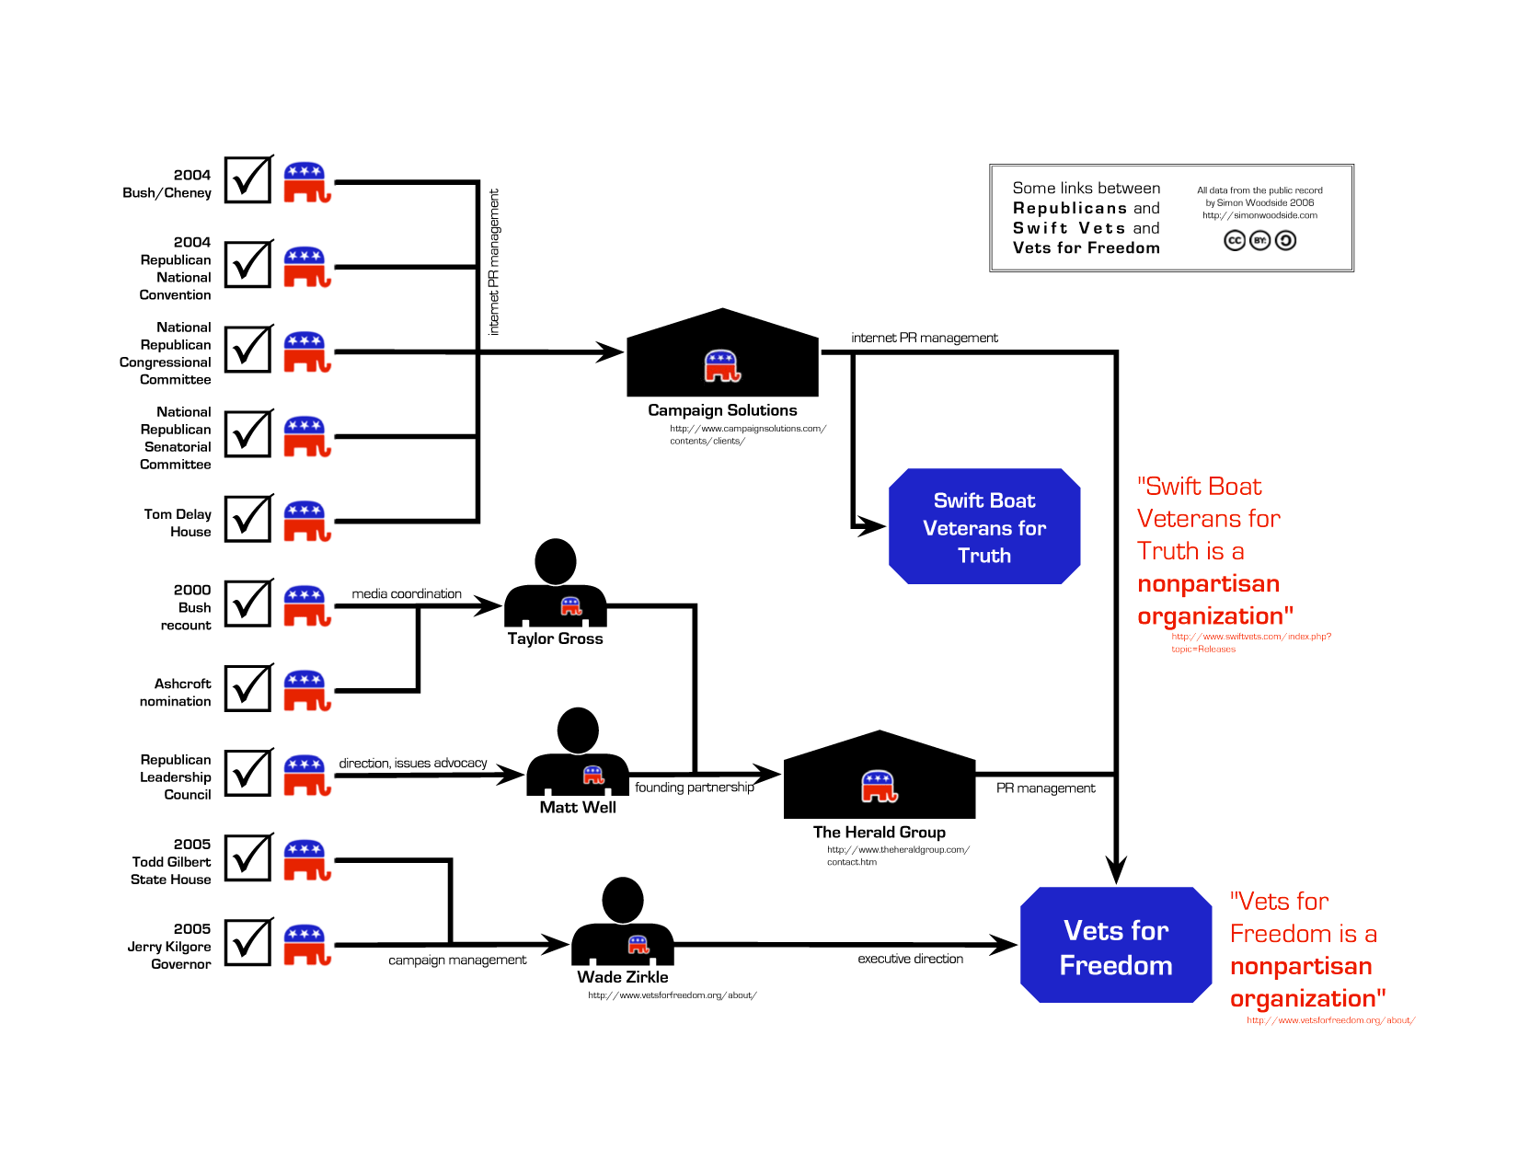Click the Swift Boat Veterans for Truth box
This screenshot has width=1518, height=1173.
(983, 526)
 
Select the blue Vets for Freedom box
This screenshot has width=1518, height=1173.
(1115, 946)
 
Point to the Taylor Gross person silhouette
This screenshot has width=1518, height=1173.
(556, 584)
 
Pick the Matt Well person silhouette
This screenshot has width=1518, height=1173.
(578, 753)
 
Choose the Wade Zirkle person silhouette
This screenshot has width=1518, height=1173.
(623, 922)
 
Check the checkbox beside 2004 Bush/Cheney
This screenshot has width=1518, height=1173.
(248, 179)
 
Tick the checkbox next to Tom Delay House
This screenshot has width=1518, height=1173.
(248, 519)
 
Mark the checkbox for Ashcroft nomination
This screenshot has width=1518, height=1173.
(248, 688)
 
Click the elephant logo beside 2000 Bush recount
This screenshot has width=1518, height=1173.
(306, 605)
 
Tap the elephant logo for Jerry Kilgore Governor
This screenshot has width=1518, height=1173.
(306, 944)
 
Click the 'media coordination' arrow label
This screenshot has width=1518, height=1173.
(407, 594)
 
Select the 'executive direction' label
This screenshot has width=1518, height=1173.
(910, 959)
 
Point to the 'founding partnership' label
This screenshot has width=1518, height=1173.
(694, 788)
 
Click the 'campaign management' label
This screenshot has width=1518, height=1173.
(457, 960)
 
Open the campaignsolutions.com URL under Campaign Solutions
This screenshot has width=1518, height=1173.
(747, 434)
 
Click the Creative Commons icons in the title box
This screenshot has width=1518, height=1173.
(1259, 240)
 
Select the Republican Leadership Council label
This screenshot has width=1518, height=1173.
(175, 777)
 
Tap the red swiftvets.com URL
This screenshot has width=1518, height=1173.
(1250, 642)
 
